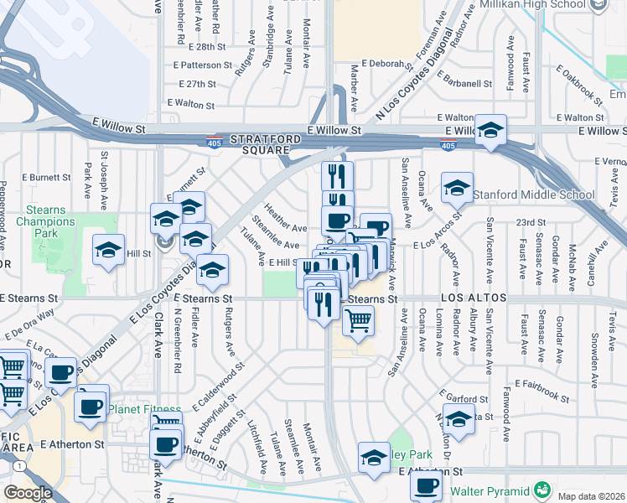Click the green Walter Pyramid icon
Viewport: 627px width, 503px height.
(x=543, y=489)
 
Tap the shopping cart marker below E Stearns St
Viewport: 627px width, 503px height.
(x=358, y=319)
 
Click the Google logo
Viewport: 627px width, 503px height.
(x=28, y=493)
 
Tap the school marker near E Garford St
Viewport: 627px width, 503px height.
(x=458, y=418)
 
